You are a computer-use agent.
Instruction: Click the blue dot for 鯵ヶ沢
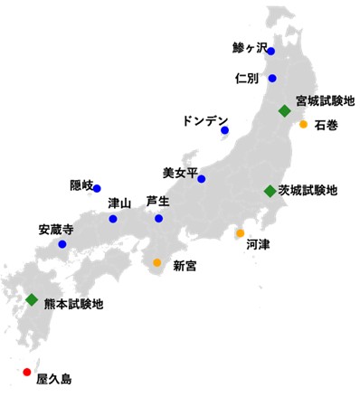coord(270,52)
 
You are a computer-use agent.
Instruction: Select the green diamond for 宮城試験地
coord(284,110)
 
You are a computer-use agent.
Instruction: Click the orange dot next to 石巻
coord(303,125)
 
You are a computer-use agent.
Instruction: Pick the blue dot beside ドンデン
coord(224,131)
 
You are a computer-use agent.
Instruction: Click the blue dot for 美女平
coord(202,178)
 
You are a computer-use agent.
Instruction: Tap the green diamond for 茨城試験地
coord(269,191)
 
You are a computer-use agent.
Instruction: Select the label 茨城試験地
coord(308,191)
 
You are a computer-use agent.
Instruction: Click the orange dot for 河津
coord(240,233)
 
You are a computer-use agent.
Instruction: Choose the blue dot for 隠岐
coord(97,188)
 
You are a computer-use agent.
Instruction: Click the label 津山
coord(119,203)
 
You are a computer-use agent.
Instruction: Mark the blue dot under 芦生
coord(158,218)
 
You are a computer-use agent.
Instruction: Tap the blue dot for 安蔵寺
coord(62,244)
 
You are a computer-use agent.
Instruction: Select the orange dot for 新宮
coord(156,262)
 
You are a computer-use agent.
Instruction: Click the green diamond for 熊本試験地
coord(32,299)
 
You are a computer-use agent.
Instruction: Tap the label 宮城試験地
coord(321,100)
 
